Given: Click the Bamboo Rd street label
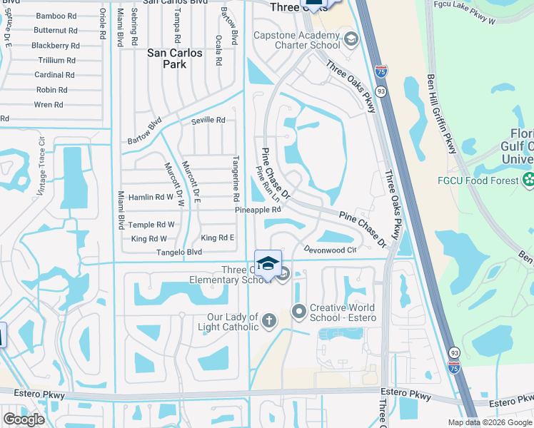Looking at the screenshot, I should pos(56,16).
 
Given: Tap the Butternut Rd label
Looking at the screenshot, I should pos(56,31).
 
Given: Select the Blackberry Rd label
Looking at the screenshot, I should pos(56,46).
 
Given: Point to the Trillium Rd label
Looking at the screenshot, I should pos(56,61).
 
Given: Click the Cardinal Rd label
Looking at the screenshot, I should pos(55,75).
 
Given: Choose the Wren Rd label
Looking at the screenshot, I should pos(49,105).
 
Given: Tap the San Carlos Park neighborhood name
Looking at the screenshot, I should pos(175,58).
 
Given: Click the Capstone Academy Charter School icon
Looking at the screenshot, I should pos(350,39).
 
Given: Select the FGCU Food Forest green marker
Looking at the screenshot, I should pos(528,180).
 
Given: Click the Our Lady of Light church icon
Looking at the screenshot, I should pos(268,320).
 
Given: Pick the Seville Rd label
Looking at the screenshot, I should pos(208,121).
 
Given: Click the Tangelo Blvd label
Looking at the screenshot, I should pos(180,253).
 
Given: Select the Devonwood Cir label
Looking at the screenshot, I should pos(330,250).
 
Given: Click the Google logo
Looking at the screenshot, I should pos(24,419).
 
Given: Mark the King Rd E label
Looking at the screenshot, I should pos(218,238).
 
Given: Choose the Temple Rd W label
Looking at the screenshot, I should pos(151,225).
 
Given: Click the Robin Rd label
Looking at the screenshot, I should pos(51,90).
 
